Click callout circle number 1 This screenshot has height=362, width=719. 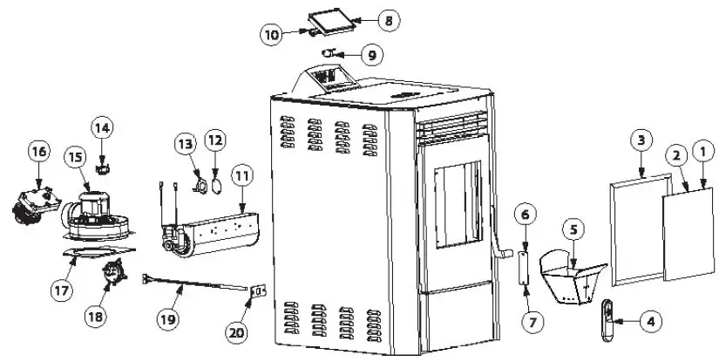702,152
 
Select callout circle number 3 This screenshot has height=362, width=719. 641,140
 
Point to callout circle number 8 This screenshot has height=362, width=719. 389,18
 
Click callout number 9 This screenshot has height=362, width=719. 371,55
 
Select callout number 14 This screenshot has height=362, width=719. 103,128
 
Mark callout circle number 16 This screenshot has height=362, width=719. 38,151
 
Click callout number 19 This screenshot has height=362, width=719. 168,319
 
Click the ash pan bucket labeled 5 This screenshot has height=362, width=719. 572,275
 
